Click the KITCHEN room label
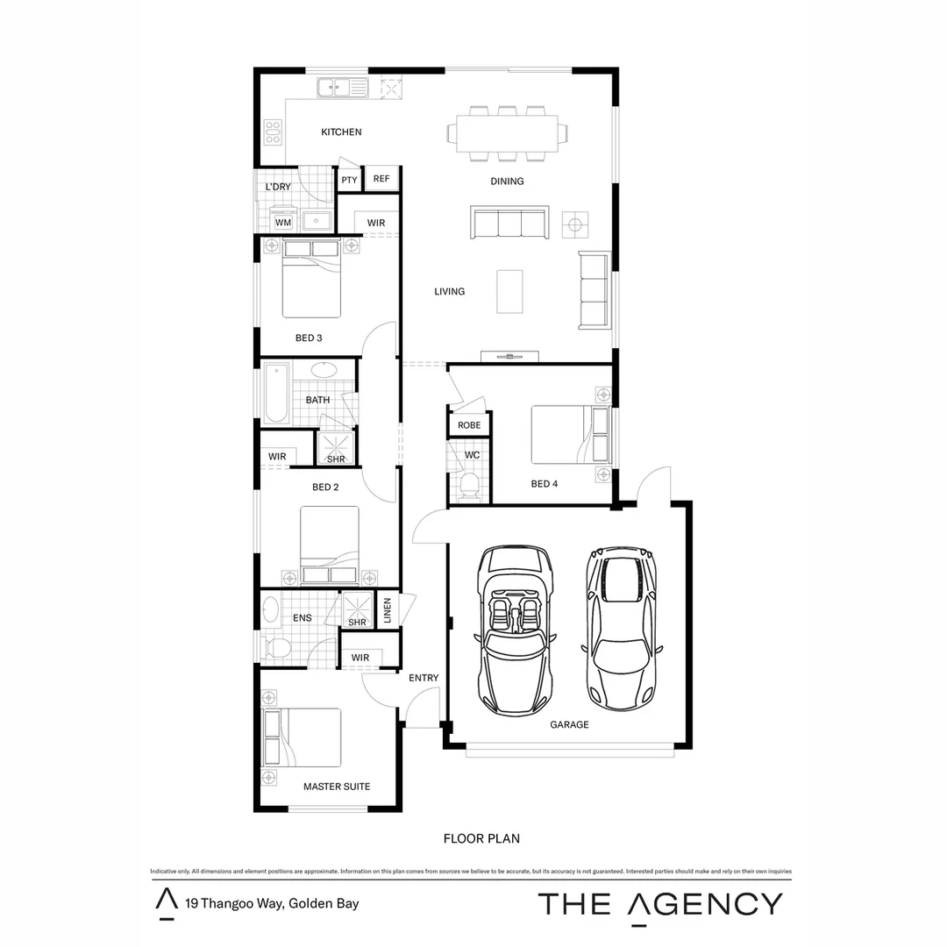coord(341,132)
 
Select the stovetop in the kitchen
coord(273,132)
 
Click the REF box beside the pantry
coord(381,179)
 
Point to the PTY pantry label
coord(350,181)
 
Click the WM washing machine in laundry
coord(282,223)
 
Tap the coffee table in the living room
coord(513,291)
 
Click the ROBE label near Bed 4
coord(469,425)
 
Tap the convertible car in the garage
coord(516,630)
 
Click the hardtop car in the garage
coord(622,630)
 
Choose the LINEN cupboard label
coord(387,611)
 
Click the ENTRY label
coord(424,678)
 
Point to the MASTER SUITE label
coord(337,787)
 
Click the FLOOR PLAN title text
coord(481,839)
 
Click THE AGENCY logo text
coord(659,904)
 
